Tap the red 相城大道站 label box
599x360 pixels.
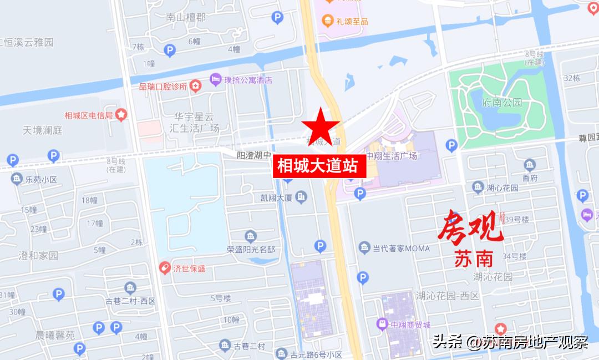click(x=319, y=166)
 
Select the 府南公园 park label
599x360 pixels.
click(x=502, y=103)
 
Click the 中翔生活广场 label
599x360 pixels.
click(x=392, y=156)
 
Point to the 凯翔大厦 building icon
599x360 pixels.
click(x=301, y=196)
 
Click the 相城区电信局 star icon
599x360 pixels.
click(x=121, y=115)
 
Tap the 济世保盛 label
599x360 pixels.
click(x=189, y=268)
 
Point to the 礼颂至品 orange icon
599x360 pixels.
click(x=327, y=21)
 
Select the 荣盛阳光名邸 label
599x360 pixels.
click(x=251, y=250)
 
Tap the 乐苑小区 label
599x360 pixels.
click(x=41, y=179)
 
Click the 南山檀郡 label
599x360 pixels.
click(x=185, y=17)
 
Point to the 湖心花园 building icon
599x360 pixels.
click(x=478, y=188)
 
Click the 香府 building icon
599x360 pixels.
click(x=530, y=165)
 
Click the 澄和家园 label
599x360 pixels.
click(x=38, y=256)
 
